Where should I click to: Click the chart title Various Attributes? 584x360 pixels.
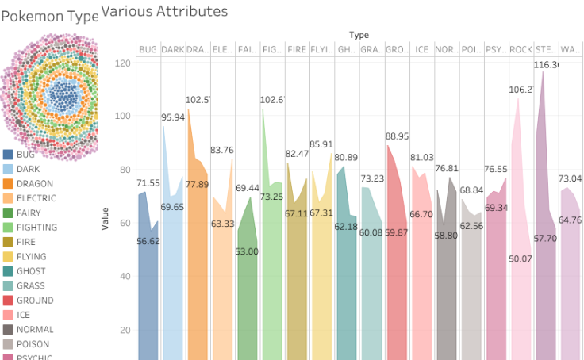pos(164,11)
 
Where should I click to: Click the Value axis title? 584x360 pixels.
pos(106,220)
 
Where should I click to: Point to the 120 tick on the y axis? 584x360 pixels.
pos(121,63)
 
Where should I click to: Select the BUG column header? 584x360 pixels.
pos(148,49)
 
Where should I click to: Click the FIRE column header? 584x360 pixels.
pos(296,49)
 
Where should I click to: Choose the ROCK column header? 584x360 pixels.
pos(521,49)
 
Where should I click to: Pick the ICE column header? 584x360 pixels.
pos(421,49)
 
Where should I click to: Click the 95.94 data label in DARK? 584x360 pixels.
pos(173,117)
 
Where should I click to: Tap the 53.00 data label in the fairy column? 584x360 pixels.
pos(247,251)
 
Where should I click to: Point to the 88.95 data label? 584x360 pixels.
pos(397,136)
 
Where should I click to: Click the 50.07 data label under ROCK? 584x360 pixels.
pos(521,259)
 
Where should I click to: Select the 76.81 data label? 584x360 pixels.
pos(447,168)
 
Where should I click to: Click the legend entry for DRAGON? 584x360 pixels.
pos(35,184)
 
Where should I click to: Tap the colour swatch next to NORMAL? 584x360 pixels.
pos(8,330)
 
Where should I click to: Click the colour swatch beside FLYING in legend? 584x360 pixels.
pos(8,257)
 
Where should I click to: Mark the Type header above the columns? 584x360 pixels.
pos(359,35)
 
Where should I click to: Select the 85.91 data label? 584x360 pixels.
pos(321,144)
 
